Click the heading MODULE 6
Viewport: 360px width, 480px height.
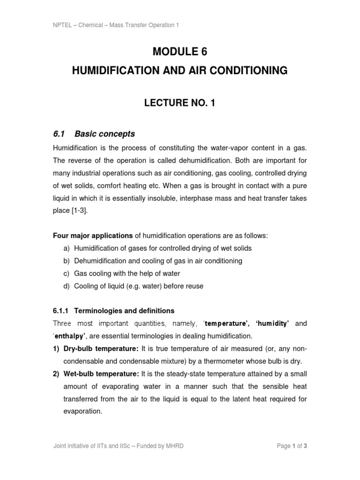pos(180,52)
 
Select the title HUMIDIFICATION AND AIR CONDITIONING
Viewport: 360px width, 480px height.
pos(180,71)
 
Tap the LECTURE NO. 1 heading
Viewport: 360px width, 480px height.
pos(180,104)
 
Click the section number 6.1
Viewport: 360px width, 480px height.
pos(59,134)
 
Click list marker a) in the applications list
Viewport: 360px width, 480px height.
pos(67,248)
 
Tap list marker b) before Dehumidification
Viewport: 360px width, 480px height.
pos(67,261)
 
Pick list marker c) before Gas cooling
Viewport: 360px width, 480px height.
pos(67,273)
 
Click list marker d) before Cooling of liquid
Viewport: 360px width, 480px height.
pos(67,286)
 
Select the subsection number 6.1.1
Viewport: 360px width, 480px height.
pos(61,311)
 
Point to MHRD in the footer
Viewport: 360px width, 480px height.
pos(173,446)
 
